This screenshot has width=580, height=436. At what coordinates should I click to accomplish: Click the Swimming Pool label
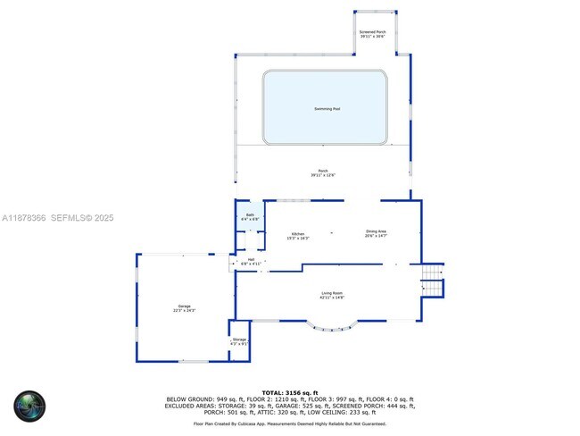[x=327, y=109]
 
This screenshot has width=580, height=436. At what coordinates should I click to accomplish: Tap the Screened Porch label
[x=372, y=32]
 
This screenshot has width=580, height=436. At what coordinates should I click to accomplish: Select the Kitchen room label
[x=298, y=233]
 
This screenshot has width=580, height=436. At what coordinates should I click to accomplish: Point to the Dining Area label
[x=376, y=231]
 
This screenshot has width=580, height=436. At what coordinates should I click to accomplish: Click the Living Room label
[x=333, y=293]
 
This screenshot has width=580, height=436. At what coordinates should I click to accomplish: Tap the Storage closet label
[x=239, y=340]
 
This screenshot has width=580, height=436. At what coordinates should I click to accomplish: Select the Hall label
[x=251, y=260]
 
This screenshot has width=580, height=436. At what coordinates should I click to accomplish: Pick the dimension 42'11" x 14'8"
[x=333, y=298]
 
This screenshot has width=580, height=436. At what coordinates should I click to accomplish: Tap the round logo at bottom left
[x=29, y=406]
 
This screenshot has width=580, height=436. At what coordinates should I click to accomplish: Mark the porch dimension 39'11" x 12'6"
[x=322, y=175]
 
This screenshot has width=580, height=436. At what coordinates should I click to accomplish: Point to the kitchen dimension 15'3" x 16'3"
[x=298, y=238]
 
